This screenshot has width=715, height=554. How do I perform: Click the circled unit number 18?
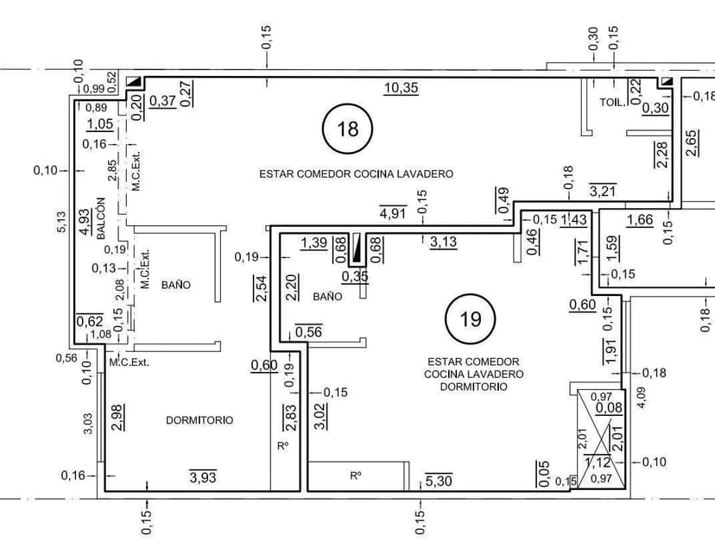pyautogui.click(x=347, y=129)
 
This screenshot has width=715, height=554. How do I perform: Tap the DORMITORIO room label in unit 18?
pyautogui.click(x=199, y=420)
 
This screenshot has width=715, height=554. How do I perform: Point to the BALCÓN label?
pyautogui.click(x=100, y=219)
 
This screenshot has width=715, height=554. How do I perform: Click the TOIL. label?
pyautogui.click(x=611, y=102)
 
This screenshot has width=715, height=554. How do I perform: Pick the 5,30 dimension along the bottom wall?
pyautogui.click(x=439, y=481)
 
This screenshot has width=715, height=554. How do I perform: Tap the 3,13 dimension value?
pyautogui.click(x=443, y=242)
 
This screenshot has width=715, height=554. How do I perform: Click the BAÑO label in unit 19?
pyautogui.click(x=327, y=296)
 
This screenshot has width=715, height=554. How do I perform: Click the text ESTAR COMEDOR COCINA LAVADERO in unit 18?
pyautogui.click(x=357, y=173)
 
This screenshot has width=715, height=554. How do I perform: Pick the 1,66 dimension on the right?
pyautogui.click(x=640, y=219)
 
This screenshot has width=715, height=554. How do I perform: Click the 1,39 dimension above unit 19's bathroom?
pyautogui.click(x=313, y=244)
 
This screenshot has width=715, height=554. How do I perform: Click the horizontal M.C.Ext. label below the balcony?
pyautogui.click(x=129, y=362)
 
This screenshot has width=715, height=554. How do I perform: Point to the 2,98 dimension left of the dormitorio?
pyautogui.click(x=117, y=416)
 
